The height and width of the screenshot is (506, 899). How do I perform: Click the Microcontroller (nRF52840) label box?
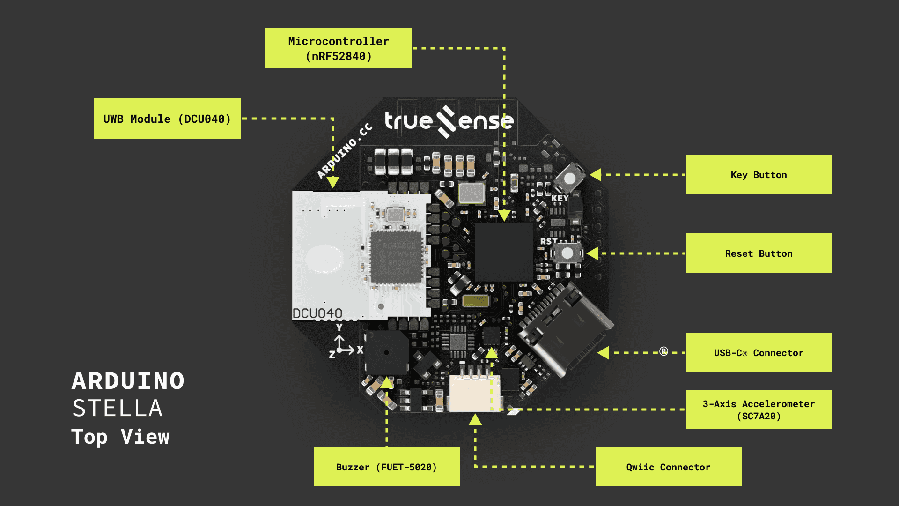click(339, 48)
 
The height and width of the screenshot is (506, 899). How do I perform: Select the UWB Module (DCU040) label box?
click(167, 119)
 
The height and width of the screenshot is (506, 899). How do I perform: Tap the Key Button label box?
click(759, 174)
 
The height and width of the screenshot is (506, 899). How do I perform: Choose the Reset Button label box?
click(759, 253)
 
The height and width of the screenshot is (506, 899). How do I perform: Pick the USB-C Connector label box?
click(759, 352)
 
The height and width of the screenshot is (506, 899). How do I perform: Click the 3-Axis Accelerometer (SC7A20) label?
click(759, 409)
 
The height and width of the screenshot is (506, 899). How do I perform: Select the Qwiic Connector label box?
click(668, 467)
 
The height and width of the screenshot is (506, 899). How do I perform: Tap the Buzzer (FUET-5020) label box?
click(386, 467)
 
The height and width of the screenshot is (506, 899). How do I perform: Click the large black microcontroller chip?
click(504, 252)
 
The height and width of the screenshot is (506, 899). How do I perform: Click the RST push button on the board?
click(567, 253)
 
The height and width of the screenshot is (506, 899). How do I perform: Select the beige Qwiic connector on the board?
click(474, 394)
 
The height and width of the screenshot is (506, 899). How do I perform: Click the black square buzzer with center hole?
click(386, 352)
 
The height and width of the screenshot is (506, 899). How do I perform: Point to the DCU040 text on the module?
click(317, 313)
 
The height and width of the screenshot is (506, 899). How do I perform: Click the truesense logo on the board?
click(449, 121)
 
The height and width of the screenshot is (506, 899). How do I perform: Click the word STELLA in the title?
click(118, 408)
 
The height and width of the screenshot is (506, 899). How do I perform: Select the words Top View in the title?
click(120, 437)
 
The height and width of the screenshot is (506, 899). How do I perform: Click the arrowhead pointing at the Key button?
click(596, 175)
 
